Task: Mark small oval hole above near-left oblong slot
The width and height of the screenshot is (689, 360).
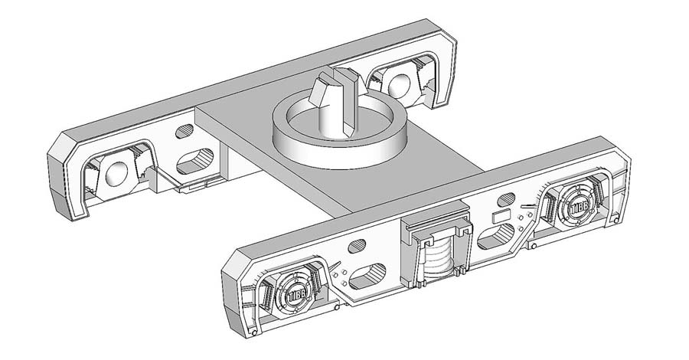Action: (357, 247)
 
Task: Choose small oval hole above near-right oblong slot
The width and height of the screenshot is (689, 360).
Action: (505, 201)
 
